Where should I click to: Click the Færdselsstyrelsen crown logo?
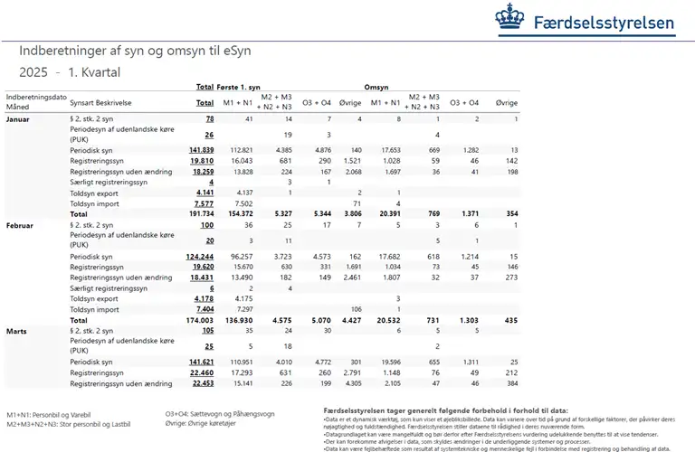point(509,17)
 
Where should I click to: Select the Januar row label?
point(18,119)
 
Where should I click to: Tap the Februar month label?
point(20,224)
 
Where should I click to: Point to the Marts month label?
point(17,331)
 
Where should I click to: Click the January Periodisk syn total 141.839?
point(201,149)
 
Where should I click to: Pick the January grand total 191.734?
point(199,214)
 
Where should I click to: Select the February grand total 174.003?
point(199,320)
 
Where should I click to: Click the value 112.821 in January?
point(240,149)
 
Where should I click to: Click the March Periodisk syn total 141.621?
point(201,361)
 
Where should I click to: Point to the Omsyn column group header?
point(376,87)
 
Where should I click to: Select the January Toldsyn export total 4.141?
point(204,193)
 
